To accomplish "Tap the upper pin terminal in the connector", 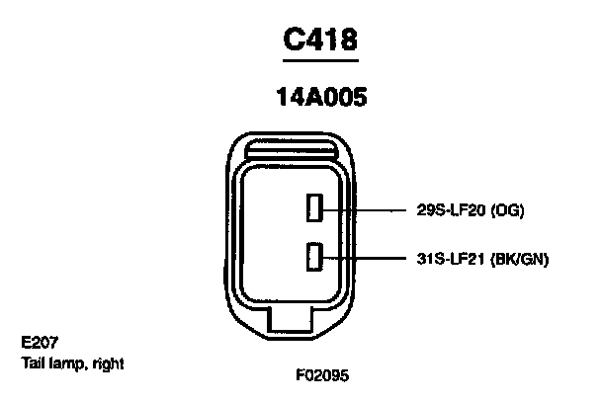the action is [x=312, y=208].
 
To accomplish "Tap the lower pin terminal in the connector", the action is [x=312, y=258].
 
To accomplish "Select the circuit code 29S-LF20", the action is [x=454, y=209].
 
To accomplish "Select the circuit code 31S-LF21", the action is [x=454, y=259].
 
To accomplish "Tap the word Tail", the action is [x=33, y=363].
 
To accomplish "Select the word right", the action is [x=107, y=363].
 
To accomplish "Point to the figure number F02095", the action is [x=321, y=376].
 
